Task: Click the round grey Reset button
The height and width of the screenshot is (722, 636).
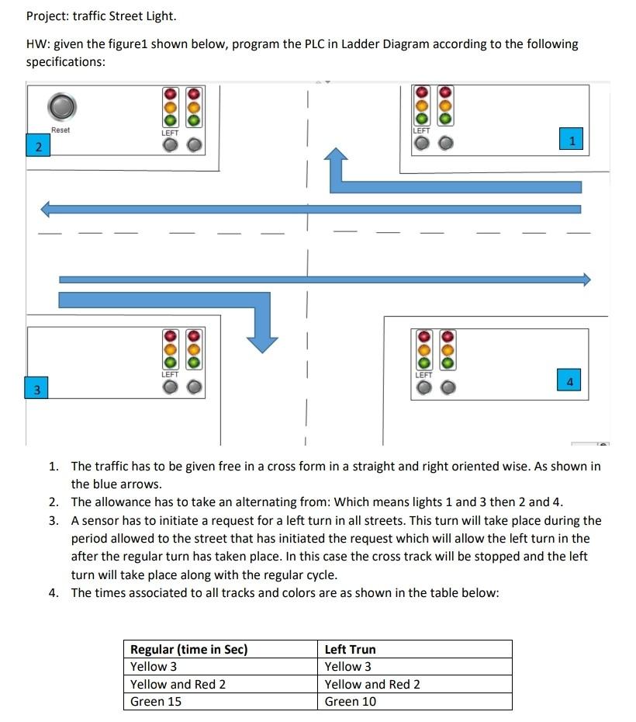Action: (62, 105)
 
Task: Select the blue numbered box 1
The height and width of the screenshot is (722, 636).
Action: (571, 140)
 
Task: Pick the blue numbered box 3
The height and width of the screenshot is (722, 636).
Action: (36, 388)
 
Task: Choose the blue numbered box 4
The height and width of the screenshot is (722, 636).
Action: (569, 380)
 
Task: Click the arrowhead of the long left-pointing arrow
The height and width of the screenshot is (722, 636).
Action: (47, 209)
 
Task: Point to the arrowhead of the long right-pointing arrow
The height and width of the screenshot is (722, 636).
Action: (586, 279)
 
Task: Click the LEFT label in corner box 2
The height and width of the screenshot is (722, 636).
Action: (170, 133)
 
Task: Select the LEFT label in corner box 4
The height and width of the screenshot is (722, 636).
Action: (423, 374)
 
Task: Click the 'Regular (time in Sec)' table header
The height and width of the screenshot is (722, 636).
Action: (188, 649)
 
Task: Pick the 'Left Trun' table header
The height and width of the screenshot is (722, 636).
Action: (350, 649)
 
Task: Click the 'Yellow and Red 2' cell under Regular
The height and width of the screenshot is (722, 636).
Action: (178, 684)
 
